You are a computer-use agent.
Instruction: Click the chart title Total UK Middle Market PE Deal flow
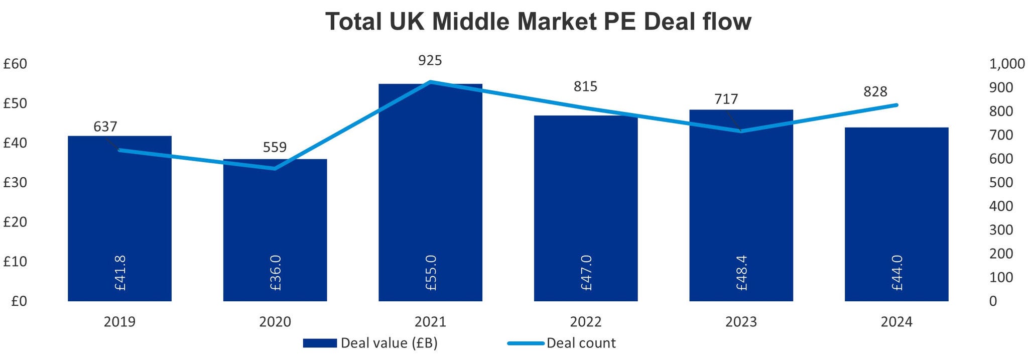click(538, 22)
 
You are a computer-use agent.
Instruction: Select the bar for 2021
click(430, 201)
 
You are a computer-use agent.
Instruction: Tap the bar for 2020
click(275, 231)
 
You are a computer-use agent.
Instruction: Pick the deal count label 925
click(430, 61)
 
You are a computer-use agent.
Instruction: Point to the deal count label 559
click(275, 147)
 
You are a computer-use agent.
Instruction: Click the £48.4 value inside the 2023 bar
click(741, 273)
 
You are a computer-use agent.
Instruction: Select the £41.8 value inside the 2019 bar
click(120, 273)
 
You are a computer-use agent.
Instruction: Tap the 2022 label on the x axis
click(586, 322)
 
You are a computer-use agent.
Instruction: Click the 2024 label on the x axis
click(896, 322)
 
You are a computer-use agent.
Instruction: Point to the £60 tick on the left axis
click(15, 64)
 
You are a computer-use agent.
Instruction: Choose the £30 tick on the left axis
click(15, 183)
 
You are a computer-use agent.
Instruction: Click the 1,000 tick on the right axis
click(1006, 64)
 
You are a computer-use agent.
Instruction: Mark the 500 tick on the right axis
click(1001, 183)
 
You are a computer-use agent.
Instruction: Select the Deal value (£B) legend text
click(389, 343)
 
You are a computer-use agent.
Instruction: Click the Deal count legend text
click(581, 343)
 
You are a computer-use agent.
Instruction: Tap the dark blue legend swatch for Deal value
click(320, 343)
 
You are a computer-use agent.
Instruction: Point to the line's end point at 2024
click(896, 105)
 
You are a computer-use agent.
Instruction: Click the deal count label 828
click(875, 92)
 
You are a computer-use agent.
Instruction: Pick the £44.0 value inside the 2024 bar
click(897, 273)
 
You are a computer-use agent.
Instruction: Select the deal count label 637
click(105, 127)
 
